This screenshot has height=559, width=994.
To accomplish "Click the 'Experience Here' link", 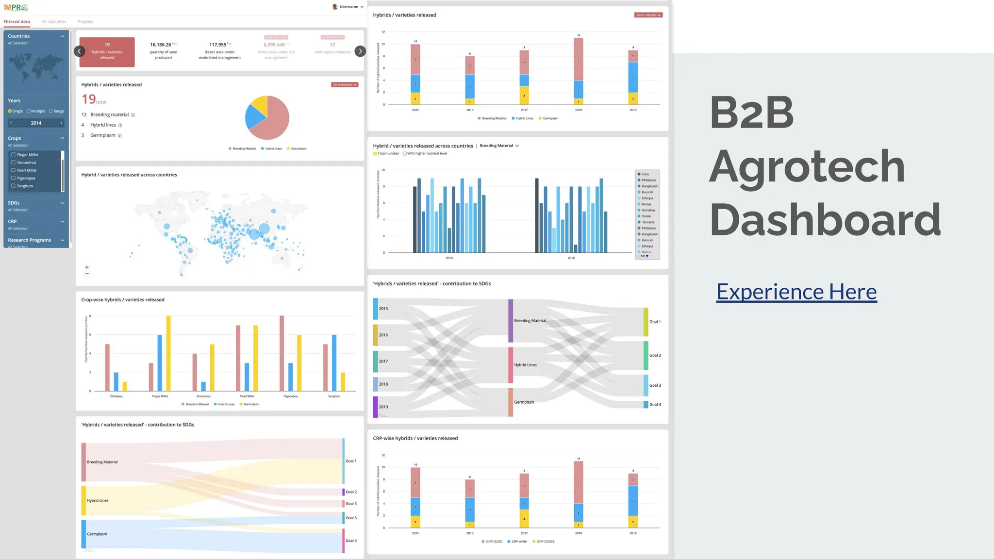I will (x=796, y=292).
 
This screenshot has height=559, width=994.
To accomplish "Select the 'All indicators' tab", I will (x=54, y=22).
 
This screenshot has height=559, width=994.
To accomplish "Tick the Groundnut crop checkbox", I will (x=14, y=163).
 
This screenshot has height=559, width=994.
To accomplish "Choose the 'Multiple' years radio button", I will (x=29, y=111).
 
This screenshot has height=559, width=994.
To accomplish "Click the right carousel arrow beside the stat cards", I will (x=360, y=51).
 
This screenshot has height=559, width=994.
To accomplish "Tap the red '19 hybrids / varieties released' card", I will (x=107, y=52).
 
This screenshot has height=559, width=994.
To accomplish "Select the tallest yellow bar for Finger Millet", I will (x=168, y=353).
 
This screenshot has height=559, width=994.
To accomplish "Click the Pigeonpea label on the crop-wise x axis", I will (x=291, y=396).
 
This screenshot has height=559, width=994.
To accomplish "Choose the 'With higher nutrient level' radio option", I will (x=405, y=154).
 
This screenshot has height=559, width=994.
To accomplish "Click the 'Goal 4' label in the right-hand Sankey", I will (x=655, y=405).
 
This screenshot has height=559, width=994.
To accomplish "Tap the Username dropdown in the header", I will (x=348, y=7).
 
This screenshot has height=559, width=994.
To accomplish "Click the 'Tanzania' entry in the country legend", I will (x=647, y=222).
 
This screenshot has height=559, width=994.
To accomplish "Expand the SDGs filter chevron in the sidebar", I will (x=62, y=203).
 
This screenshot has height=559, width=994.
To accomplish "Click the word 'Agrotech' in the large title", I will (x=807, y=166).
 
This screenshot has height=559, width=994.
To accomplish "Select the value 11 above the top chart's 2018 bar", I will (x=579, y=35).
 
